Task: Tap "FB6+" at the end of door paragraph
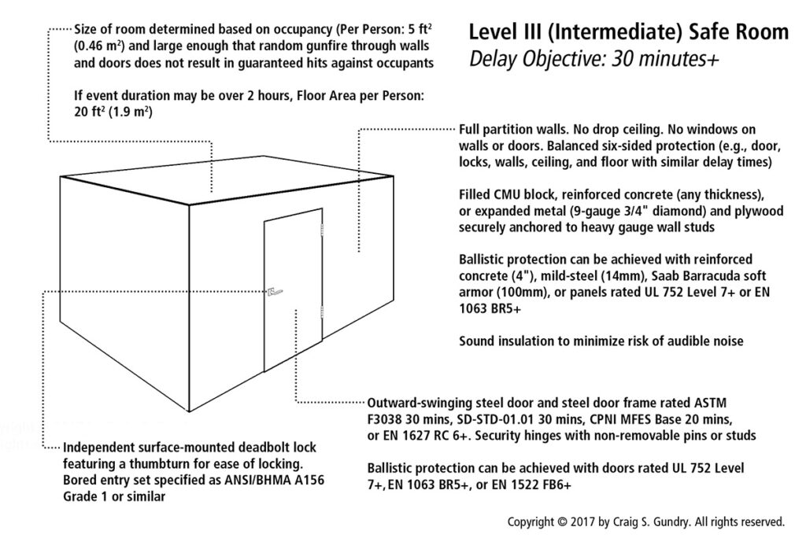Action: pos(552,486)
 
